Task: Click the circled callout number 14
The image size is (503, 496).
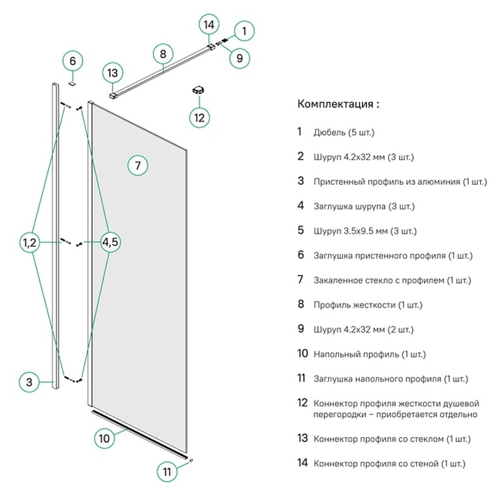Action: tap(208, 24)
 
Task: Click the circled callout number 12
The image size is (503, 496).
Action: tap(200, 117)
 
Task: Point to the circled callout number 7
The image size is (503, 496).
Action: tap(138, 166)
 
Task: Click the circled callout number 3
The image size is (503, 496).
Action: tap(29, 382)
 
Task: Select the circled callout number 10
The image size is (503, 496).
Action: tap(105, 439)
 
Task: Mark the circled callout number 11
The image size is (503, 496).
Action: tap(166, 472)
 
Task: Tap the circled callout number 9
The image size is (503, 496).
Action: tap(239, 58)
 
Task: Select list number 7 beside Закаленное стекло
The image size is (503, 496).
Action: tap(300, 280)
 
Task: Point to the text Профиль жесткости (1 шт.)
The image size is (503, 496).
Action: tap(368, 305)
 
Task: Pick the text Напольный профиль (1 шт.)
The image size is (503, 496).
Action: tap(370, 355)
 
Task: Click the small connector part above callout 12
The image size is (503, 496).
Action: tap(198, 90)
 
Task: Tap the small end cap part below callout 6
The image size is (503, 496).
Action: tap(71, 81)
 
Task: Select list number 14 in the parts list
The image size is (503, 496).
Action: tap(302, 463)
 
